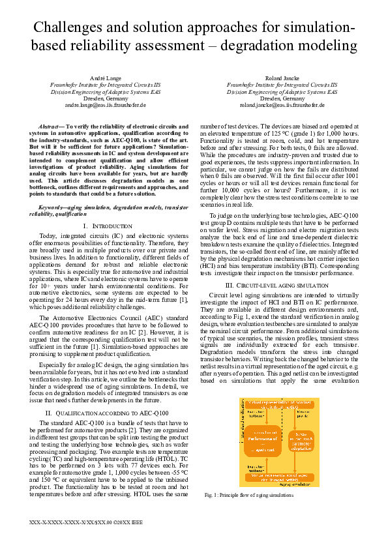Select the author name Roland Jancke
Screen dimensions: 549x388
[x=282, y=78]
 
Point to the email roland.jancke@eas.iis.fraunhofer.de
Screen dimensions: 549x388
[x=282, y=104]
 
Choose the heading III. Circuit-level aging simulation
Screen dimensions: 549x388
[x=282, y=285]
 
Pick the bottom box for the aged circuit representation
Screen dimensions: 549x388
[x=282, y=477]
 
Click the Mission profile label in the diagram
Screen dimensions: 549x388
[x=301, y=415]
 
